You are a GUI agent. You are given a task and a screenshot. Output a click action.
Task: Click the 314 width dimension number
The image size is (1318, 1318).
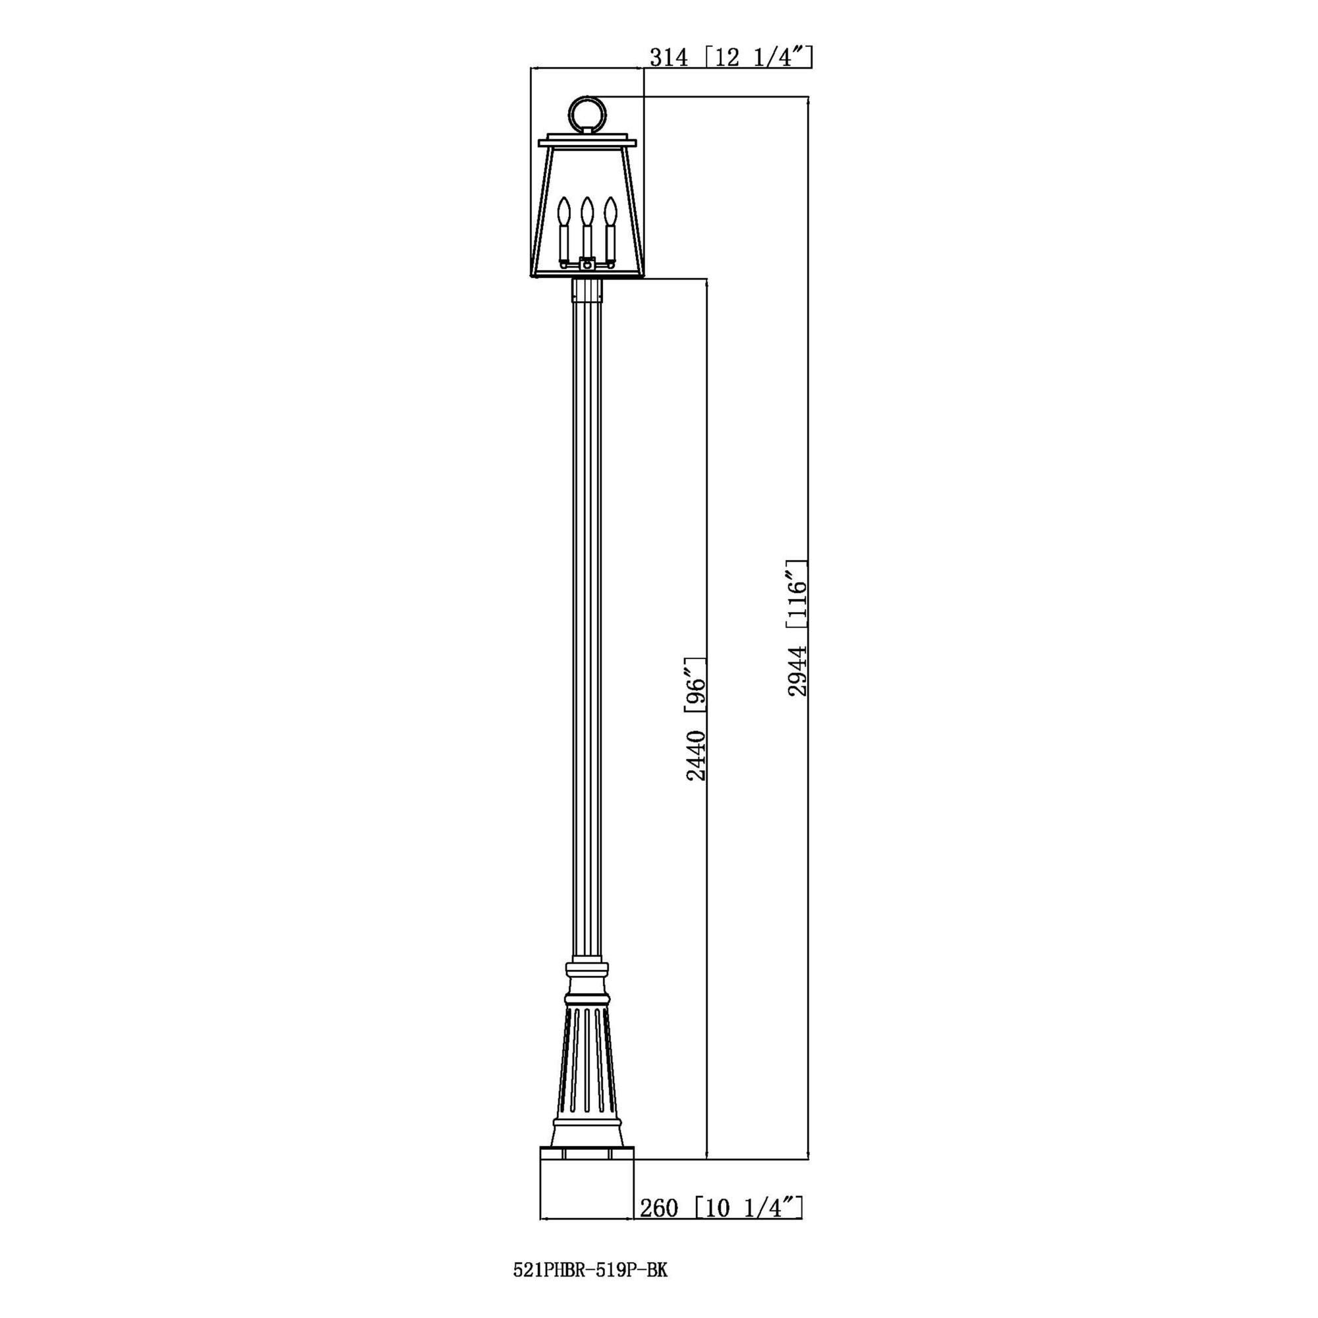668,58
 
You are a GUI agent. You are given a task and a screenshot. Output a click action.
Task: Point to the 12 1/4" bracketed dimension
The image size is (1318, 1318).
758,58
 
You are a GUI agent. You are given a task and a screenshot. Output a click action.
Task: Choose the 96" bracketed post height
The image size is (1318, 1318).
695,685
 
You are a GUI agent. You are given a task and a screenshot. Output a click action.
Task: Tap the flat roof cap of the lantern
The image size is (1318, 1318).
587,142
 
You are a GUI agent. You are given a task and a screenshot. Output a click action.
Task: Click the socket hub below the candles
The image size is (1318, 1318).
586,263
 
